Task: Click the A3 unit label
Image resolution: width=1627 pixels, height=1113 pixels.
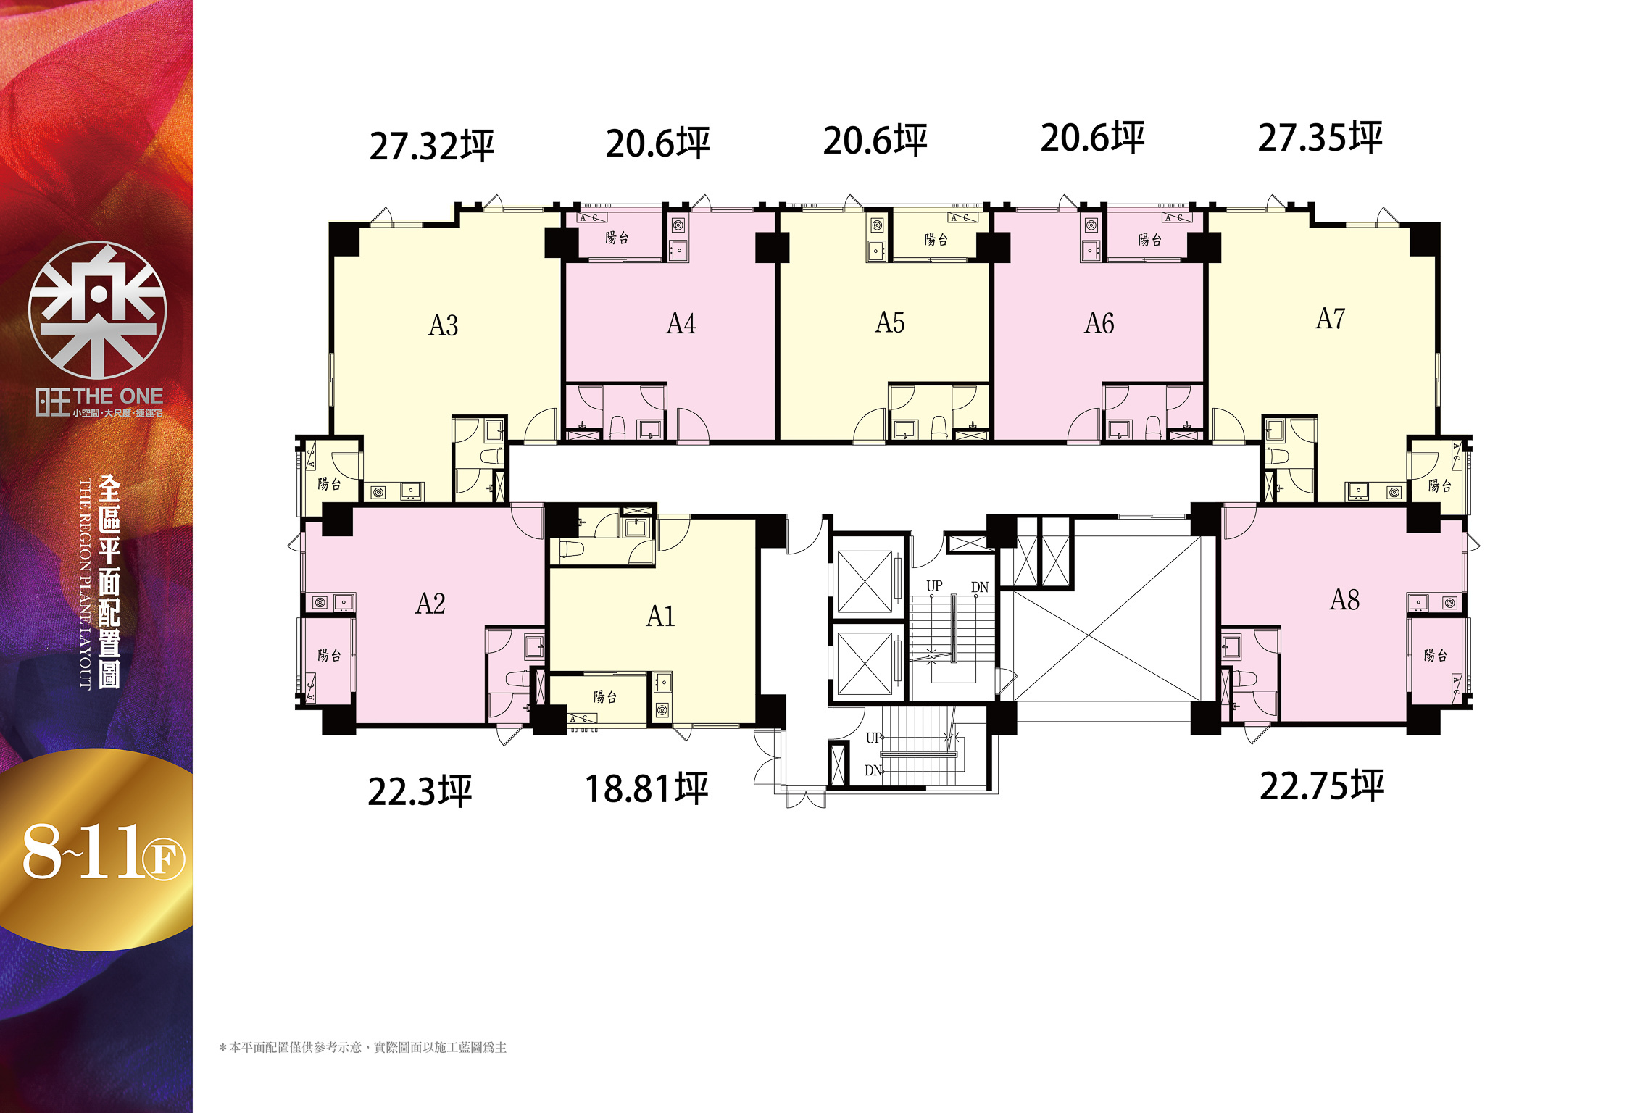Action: click(443, 325)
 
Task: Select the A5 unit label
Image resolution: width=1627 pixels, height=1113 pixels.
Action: click(889, 322)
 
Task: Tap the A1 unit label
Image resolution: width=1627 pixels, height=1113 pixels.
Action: click(660, 616)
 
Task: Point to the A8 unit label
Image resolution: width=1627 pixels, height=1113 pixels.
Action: click(1344, 599)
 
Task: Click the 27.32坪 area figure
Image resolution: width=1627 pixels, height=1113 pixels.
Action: click(432, 146)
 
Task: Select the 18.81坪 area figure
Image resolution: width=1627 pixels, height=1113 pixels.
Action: click(646, 789)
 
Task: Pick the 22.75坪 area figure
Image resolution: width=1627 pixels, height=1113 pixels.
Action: click(1322, 786)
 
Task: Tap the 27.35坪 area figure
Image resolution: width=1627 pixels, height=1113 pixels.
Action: click(1320, 138)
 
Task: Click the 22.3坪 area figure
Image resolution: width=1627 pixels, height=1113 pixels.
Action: click(420, 791)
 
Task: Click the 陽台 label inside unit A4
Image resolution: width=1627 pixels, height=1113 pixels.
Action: click(617, 238)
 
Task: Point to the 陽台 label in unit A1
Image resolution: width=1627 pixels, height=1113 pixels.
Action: click(605, 697)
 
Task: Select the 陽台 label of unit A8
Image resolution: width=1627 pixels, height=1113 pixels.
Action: click(1436, 655)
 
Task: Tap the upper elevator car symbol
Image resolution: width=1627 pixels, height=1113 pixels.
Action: click(865, 581)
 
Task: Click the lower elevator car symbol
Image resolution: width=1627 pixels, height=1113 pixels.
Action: click(865, 664)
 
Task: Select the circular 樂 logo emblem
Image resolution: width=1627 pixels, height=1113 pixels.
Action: click(97, 310)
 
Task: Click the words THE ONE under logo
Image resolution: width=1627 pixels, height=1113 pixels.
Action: click(118, 396)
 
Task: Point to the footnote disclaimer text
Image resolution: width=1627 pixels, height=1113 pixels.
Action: click(363, 1047)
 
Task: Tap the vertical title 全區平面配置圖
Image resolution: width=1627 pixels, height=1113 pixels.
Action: click(109, 582)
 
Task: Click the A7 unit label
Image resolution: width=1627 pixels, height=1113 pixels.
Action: click(1330, 318)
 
